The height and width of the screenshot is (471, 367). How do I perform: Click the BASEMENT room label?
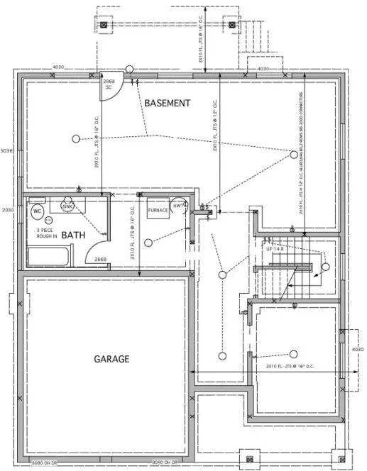click(167, 104)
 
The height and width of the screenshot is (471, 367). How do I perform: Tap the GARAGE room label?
click(112, 359)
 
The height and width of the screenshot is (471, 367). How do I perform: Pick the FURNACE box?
click(157, 211)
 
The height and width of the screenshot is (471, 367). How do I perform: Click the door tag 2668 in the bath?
click(101, 260)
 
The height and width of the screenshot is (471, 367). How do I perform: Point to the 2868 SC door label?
click(109, 85)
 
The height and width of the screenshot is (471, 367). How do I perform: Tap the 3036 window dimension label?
click(6, 150)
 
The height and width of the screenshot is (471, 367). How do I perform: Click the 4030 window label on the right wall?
click(357, 350)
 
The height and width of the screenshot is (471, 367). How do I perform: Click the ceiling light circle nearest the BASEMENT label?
click(75, 137)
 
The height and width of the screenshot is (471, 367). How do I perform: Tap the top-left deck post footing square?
click(104, 26)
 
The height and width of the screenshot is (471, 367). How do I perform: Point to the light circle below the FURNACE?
click(148, 243)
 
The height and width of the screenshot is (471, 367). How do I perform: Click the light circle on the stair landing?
click(325, 267)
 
